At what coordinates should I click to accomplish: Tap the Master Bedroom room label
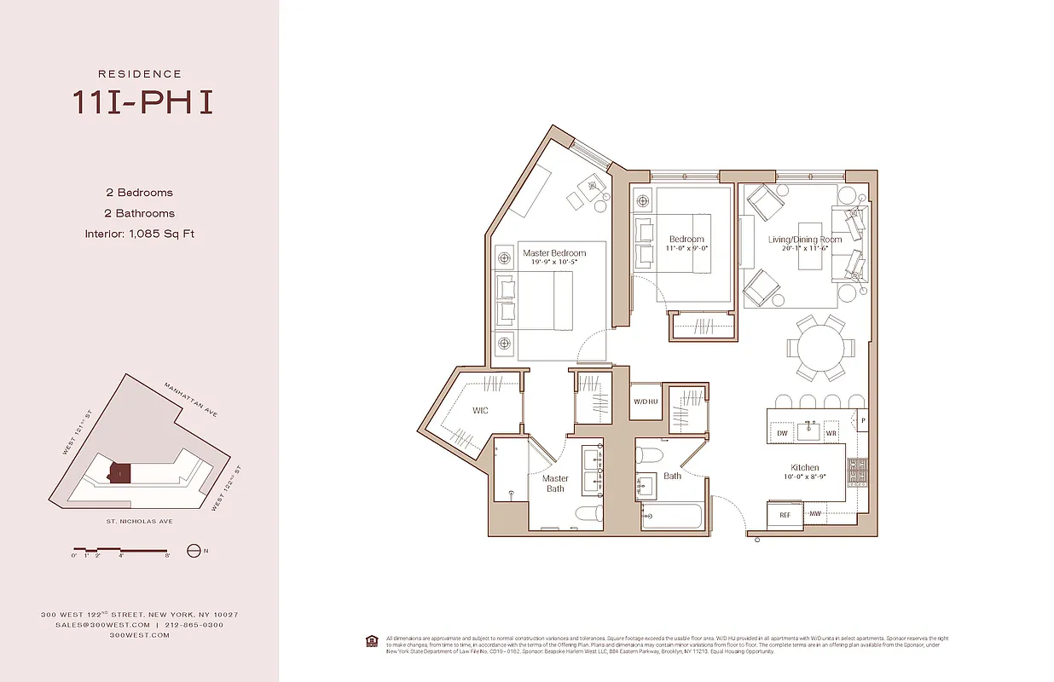[553, 253]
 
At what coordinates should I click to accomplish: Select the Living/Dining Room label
[804, 240]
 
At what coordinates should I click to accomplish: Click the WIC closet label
[480, 411]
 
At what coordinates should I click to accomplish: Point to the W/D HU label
[646, 402]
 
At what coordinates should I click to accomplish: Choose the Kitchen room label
[804, 467]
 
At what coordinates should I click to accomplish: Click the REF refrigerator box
[784, 514]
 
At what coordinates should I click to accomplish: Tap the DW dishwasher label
[782, 433]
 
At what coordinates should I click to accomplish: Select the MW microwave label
[814, 514]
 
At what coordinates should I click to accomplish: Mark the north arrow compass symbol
[194, 551]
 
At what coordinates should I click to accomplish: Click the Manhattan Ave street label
[191, 399]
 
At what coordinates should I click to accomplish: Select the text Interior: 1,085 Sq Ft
[139, 234]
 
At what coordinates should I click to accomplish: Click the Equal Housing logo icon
[371, 639]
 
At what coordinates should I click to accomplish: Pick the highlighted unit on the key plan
[119, 472]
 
